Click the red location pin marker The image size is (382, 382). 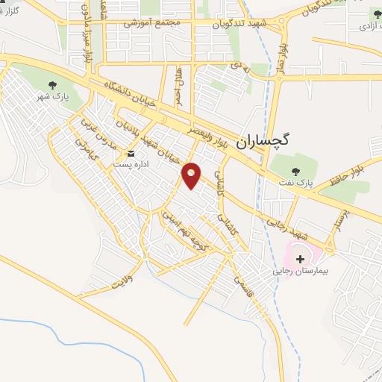tap(192, 175)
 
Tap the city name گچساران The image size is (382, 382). tap(267, 140)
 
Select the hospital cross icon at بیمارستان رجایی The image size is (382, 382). tap(301, 259)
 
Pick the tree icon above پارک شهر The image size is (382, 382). tap(51, 85)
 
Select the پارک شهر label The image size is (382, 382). tap(51, 97)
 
